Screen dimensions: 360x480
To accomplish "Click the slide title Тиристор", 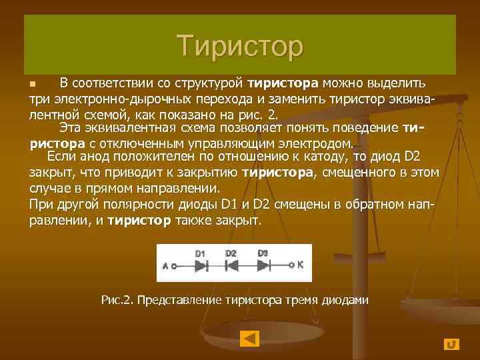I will tap(240, 45).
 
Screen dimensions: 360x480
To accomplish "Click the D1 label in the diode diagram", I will tap(201, 253).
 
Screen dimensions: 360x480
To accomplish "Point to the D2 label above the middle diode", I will tap(231, 253).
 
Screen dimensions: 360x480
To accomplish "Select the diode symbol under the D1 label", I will tap(201, 265).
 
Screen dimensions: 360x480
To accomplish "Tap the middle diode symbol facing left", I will tap(231, 265).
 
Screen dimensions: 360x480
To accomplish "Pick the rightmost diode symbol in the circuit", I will tap(263, 265).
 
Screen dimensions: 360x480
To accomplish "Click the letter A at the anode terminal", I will tap(165, 265).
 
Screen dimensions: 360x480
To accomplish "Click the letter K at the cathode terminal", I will tap(300, 264).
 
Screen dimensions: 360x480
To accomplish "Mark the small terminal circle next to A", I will tap(173, 265).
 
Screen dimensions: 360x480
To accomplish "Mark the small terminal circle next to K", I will tap(291, 265).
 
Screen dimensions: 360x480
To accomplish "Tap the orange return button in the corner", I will tap(451, 343).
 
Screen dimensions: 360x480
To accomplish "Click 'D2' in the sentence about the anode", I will tap(413, 157).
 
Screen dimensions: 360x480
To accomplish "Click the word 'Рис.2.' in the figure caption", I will tap(117, 300).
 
